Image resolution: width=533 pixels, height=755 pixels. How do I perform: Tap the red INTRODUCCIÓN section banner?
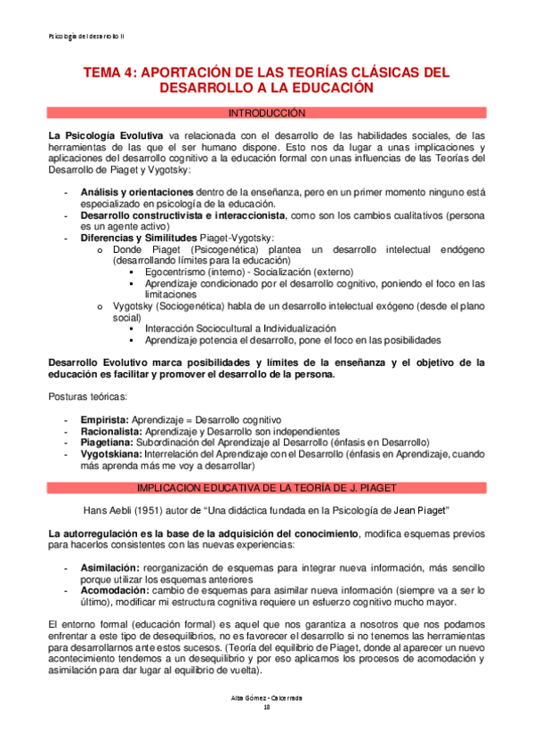[266, 114]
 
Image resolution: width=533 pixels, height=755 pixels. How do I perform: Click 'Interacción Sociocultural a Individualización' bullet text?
[240, 329]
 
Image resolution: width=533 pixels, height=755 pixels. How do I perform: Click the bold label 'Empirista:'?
[105, 418]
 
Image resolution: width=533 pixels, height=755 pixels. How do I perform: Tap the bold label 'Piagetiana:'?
[108, 442]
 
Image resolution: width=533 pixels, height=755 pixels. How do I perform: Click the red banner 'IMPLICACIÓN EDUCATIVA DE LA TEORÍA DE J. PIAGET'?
[266, 488]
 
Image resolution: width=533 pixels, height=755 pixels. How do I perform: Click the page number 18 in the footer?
[266, 731]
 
